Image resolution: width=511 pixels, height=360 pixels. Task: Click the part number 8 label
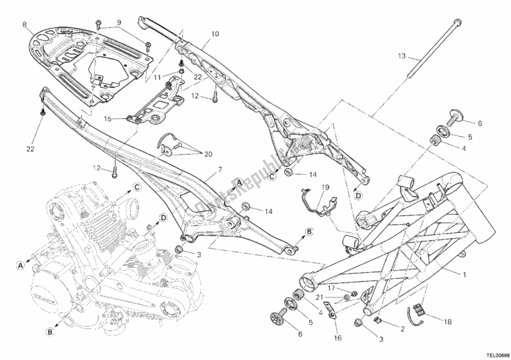pyautogui.click(x=24, y=25)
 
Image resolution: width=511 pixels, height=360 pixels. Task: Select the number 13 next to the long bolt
pyautogui.click(x=400, y=56)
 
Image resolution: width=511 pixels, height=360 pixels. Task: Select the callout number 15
pyautogui.click(x=107, y=119)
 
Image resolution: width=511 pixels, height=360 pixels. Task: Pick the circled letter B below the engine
pyautogui.click(x=49, y=332)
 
